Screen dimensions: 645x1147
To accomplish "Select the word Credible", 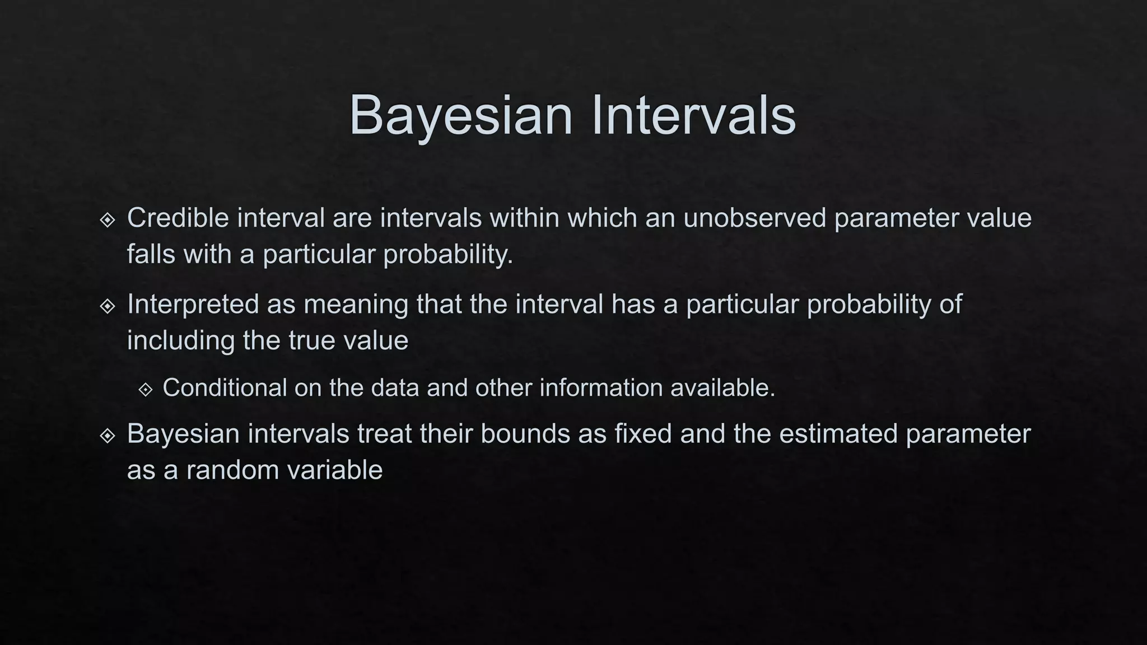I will [x=178, y=218].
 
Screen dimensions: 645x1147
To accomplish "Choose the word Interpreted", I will [x=193, y=305].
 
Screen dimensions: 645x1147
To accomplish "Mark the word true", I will [x=313, y=341].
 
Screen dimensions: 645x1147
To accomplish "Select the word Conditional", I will [x=225, y=388].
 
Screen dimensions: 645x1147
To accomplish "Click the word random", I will [x=233, y=470].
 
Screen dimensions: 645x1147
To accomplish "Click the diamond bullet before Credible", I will [x=108, y=220].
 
